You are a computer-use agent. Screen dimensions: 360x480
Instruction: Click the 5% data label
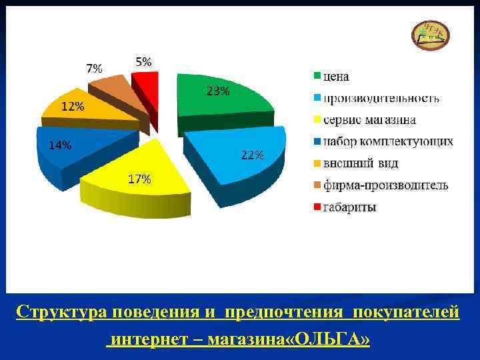click(x=143, y=61)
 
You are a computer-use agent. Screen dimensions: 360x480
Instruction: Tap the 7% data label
click(x=94, y=68)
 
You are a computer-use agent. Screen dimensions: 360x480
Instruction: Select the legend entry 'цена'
click(x=336, y=77)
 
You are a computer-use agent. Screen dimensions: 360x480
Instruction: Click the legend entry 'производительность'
click(x=381, y=99)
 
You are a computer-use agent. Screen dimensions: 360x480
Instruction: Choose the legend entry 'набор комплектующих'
click(x=387, y=141)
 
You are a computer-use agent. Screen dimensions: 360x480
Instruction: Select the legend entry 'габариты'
click(x=349, y=207)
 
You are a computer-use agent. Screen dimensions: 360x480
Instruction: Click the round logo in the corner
click(x=431, y=34)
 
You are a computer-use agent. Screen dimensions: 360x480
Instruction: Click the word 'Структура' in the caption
click(x=61, y=311)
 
